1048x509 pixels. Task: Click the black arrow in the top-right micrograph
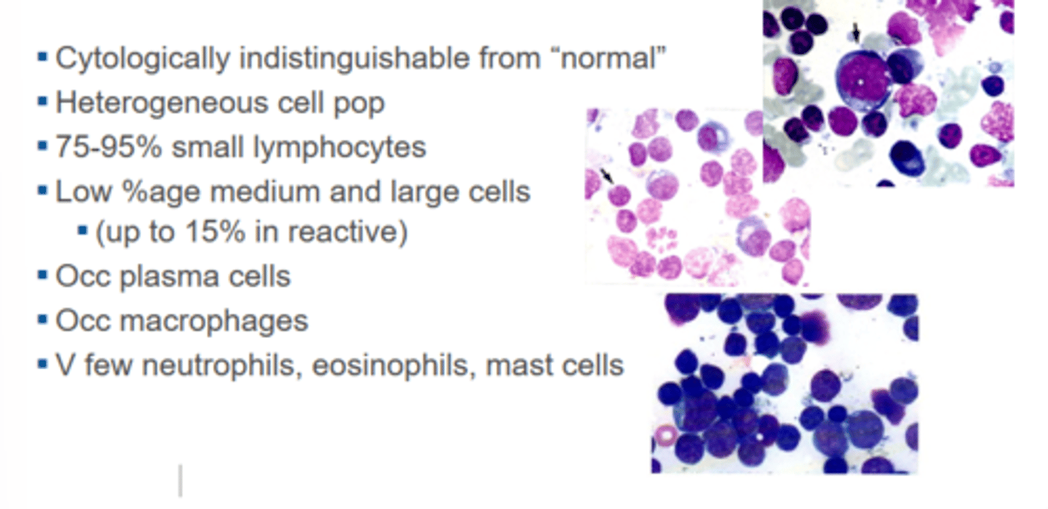[x=856, y=31]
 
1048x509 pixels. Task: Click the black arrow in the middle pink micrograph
[x=608, y=175]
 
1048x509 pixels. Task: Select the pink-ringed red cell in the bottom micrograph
[x=665, y=437]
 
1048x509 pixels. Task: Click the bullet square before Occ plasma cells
[x=42, y=277]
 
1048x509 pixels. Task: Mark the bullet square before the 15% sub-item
[x=82, y=233]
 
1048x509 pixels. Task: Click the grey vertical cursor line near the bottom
[x=180, y=481]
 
